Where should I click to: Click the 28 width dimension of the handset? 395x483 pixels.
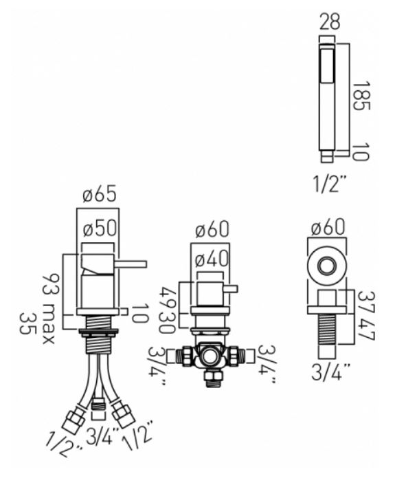[x=330, y=21]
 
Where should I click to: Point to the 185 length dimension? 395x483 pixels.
[x=361, y=96]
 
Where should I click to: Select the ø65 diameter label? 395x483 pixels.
[x=100, y=194]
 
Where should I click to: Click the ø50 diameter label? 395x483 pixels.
[x=100, y=228]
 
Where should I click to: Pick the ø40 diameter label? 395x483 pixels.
[x=212, y=259]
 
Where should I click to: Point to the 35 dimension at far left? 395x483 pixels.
[x=26, y=324]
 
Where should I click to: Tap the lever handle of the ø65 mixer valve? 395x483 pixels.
[x=131, y=264]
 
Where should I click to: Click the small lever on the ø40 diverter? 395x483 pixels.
[x=231, y=289]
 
